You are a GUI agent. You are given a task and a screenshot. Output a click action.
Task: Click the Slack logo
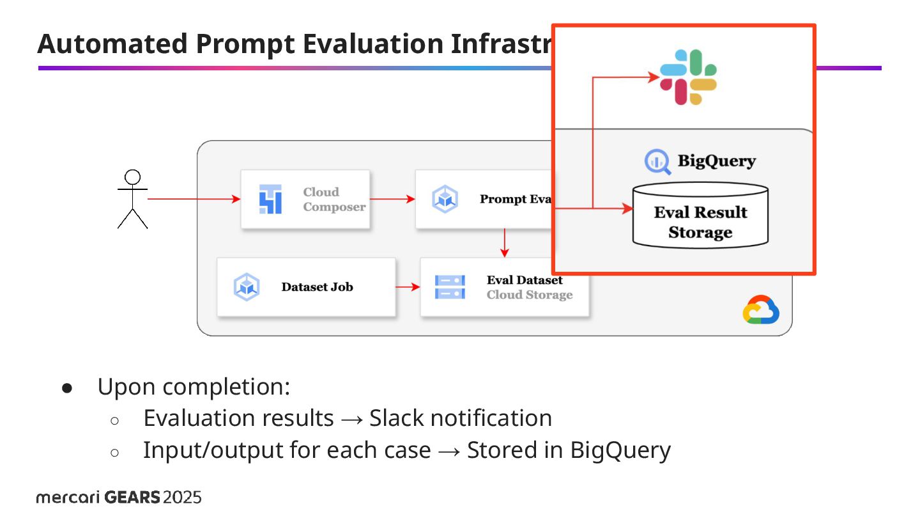coord(688,77)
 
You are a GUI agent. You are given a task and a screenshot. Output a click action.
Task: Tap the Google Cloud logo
coord(760,310)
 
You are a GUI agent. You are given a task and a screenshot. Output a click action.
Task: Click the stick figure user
coord(133,199)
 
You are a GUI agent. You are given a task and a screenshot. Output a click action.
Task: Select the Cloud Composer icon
coord(270,199)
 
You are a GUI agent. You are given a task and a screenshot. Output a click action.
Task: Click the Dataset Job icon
coord(246,287)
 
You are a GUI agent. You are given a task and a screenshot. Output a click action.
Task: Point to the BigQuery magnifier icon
coord(657,162)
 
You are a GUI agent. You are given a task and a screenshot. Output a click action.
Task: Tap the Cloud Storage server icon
coord(450,287)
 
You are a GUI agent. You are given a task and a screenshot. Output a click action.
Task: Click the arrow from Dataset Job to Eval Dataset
coord(408,287)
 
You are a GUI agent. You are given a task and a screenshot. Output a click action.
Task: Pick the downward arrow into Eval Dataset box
coord(505,243)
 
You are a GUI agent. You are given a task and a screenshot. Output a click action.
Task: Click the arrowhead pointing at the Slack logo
coord(652,77)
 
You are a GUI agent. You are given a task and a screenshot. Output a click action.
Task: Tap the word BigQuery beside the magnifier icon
coord(716,161)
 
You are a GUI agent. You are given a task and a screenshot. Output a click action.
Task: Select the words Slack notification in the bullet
coord(461,418)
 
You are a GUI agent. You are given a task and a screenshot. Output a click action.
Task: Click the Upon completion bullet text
coord(194,387)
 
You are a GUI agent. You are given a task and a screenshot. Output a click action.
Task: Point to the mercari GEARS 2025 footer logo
coord(119,498)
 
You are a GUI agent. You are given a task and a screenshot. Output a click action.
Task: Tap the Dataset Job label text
coord(317,287)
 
